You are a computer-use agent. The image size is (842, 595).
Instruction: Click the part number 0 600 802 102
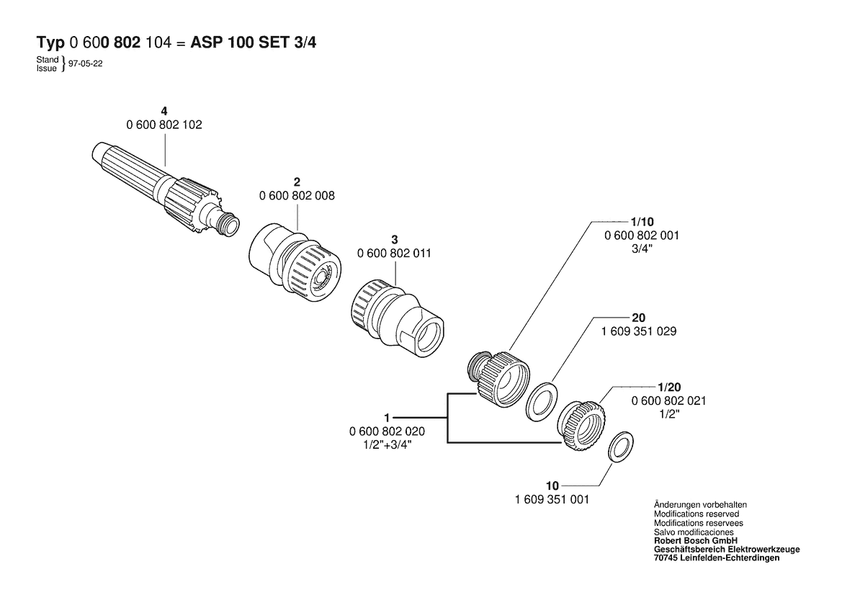[x=164, y=125]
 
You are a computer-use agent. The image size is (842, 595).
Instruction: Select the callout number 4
[x=164, y=111]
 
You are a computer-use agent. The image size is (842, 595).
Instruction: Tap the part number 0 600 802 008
[x=297, y=195]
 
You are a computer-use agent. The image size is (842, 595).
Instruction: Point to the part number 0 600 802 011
[x=394, y=253]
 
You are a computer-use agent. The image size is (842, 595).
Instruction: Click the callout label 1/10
[x=642, y=222]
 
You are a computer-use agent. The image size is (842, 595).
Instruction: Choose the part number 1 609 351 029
[x=639, y=331]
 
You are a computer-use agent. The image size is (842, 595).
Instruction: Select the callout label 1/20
[x=669, y=387]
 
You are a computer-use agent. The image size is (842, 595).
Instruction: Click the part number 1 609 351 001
[x=552, y=499]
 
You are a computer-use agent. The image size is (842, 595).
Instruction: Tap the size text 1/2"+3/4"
[x=387, y=444]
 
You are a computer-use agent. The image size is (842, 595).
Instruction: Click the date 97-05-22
[x=86, y=63]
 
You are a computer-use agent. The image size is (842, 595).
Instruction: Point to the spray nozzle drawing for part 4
[x=166, y=189]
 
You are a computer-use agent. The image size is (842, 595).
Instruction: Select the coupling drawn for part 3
[x=398, y=318]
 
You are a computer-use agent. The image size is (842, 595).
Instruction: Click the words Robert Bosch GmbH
[x=695, y=541]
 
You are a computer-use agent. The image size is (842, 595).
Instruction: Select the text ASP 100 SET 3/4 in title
[x=254, y=42]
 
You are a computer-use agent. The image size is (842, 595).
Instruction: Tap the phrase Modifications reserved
[x=696, y=514]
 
